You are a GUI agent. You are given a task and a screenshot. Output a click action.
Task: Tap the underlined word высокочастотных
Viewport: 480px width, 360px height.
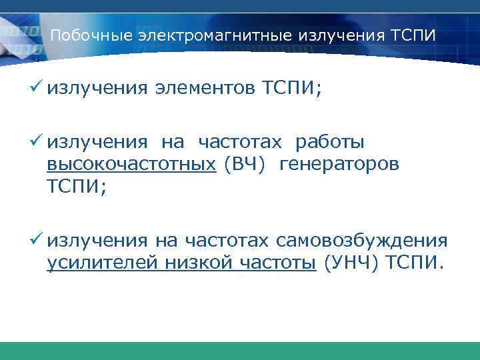131,165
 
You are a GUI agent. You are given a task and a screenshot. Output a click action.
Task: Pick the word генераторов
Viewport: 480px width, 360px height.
339,165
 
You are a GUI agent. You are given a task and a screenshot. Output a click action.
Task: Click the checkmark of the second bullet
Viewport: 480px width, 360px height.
39,141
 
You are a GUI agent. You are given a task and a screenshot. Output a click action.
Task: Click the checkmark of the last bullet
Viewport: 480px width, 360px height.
39,240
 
